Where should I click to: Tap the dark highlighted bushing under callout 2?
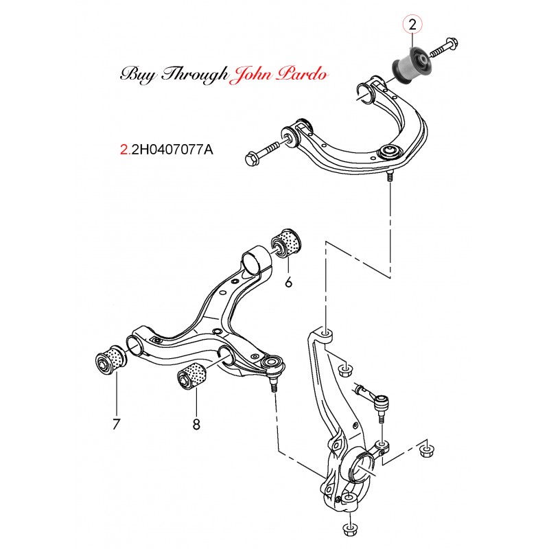pos(411,64)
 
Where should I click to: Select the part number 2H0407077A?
pos(170,148)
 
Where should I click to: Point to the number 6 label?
pos(288,281)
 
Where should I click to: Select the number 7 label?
pos(117,423)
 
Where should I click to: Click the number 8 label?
pos(196,424)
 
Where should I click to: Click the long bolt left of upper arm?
pos(264,152)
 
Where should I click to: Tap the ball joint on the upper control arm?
pos(389,152)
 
